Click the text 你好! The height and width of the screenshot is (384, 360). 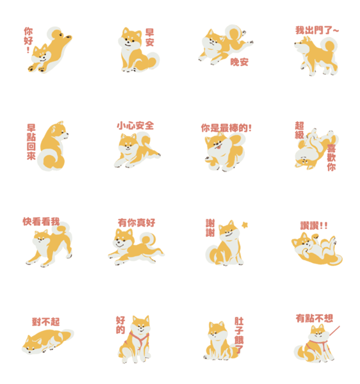point(28,40)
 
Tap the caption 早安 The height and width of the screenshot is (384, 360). point(149,38)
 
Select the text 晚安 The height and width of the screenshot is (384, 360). point(239,62)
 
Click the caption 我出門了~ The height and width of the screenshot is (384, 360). point(317,30)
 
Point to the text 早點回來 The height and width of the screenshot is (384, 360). point(31,142)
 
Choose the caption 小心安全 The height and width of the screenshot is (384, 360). point(135,125)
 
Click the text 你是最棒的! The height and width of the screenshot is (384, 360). point(226,128)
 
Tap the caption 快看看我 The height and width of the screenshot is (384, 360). point(41,221)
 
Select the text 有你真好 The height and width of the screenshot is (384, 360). point(136,223)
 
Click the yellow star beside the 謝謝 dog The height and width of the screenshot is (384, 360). point(245,225)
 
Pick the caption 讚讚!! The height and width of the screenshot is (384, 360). point(314,225)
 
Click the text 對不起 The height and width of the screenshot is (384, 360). point(46,322)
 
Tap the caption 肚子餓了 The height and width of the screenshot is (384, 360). point(239,335)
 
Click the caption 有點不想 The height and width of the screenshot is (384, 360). point(315,318)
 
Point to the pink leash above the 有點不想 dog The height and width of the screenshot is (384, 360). point(334,331)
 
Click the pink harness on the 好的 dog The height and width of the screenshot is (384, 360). point(139,340)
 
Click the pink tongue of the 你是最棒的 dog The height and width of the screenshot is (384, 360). point(217,147)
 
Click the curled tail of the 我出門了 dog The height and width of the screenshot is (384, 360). point(329,46)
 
